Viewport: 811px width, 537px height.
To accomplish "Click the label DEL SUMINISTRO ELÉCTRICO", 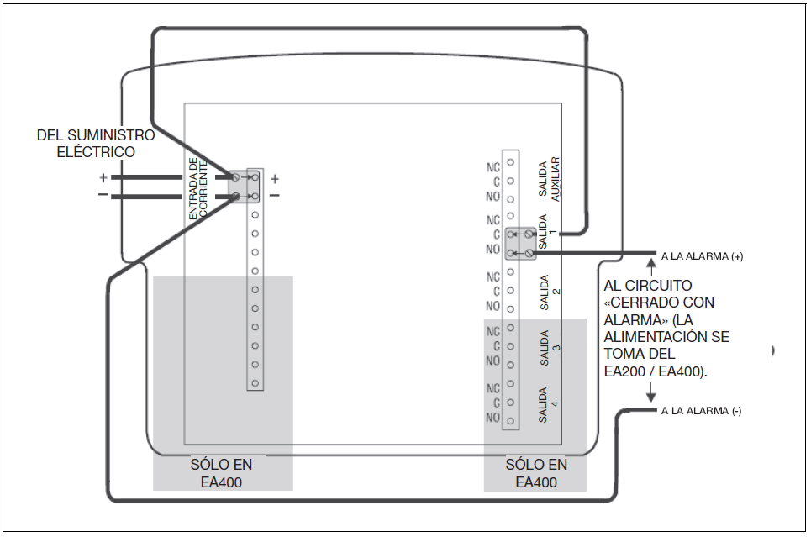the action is click(x=96, y=144).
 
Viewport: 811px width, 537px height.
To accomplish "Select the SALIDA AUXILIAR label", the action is click(x=549, y=179).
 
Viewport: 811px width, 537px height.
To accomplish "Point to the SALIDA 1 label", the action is click(x=547, y=232).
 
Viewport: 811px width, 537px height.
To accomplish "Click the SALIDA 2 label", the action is click(x=550, y=292).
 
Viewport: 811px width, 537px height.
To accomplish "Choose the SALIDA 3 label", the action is click(x=550, y=348).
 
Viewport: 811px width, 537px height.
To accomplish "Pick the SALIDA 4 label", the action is click(x=548, y=404).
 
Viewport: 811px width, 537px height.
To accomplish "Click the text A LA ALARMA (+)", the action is click(x=702, y=256).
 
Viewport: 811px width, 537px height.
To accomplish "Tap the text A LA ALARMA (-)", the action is click(x=702, y=411).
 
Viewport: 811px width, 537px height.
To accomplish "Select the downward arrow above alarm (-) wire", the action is click(x=651, y=392).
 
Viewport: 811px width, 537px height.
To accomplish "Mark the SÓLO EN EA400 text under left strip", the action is click(x=221, y=473).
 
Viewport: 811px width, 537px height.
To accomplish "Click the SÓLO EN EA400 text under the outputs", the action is click(x=536, y=473).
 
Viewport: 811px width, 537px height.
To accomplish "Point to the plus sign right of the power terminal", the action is click(x=275, y=179).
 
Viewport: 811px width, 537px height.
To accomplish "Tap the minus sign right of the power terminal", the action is click(x=275, y=195).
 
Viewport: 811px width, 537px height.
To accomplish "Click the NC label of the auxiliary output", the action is click(x=493, y=167).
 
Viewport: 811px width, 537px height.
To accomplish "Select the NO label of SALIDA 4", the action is click(x=493, y=417).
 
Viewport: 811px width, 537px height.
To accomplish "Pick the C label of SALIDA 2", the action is click(x=497, y=292).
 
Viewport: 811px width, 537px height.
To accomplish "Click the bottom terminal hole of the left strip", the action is click(x=255, y=383).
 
